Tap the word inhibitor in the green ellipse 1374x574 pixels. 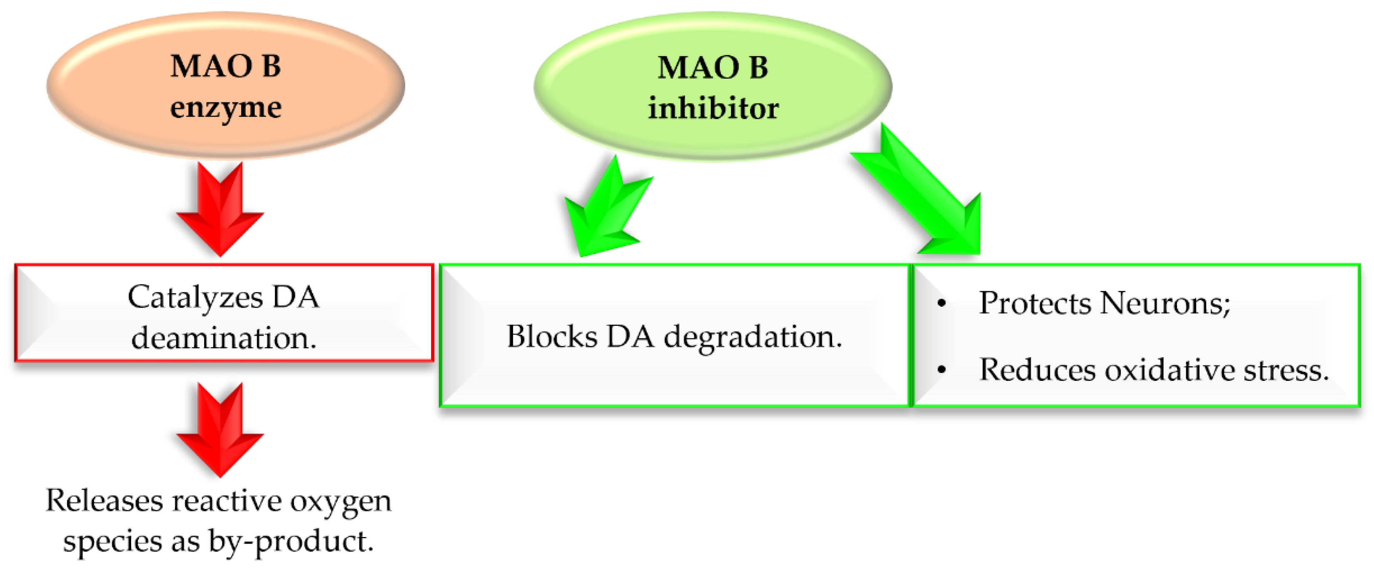(713, 109)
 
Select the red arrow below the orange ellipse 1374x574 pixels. (220, 211)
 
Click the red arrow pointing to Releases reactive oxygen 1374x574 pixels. (220, 431)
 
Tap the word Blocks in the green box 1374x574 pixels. (551, 337)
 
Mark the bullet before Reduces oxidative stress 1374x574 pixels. (941, 369)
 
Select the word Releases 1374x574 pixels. (104, 501)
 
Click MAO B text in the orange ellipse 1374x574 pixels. (226, 67)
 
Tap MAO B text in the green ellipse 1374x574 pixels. (713, 68)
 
